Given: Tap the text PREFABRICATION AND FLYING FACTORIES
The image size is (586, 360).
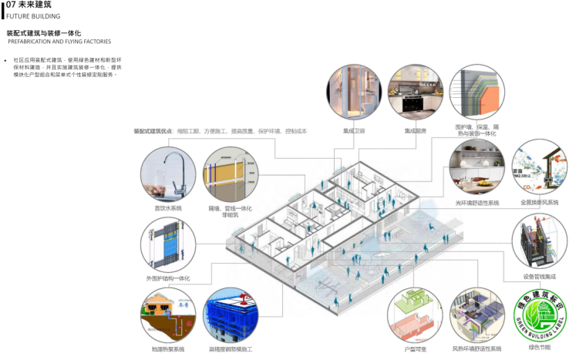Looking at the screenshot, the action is [x=59, y=42].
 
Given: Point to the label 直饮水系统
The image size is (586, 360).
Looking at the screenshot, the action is [x=167, y=208].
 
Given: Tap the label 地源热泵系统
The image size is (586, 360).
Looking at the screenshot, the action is [x=167, y=349].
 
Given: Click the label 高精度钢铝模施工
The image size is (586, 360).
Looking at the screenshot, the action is [x=230, y=349].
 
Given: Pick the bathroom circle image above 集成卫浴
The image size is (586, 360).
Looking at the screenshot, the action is [x=354, y=93].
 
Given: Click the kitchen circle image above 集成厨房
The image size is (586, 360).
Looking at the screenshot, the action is [x=416, y=93].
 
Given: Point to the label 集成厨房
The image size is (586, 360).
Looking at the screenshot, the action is [x=416, y=130].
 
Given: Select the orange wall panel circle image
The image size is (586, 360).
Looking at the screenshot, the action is [x=477, y=93].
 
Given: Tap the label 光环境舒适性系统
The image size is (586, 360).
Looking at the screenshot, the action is [x=477, y=203].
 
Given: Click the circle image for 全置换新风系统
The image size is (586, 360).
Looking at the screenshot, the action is [x=539, y=167].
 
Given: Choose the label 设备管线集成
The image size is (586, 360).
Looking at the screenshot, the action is [x=539, y=276].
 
